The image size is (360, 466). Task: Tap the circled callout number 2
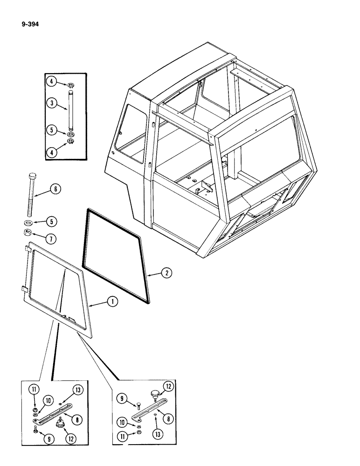[x=166, y=274]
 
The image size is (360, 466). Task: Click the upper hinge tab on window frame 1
[x=28, y=251]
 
